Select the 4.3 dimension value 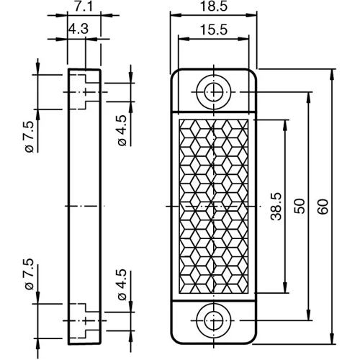coord(78,30)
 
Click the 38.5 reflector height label coord(274,207)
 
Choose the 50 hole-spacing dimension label coord(299,207)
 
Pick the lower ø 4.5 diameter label coord(122,286)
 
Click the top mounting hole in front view coord(213,91)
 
